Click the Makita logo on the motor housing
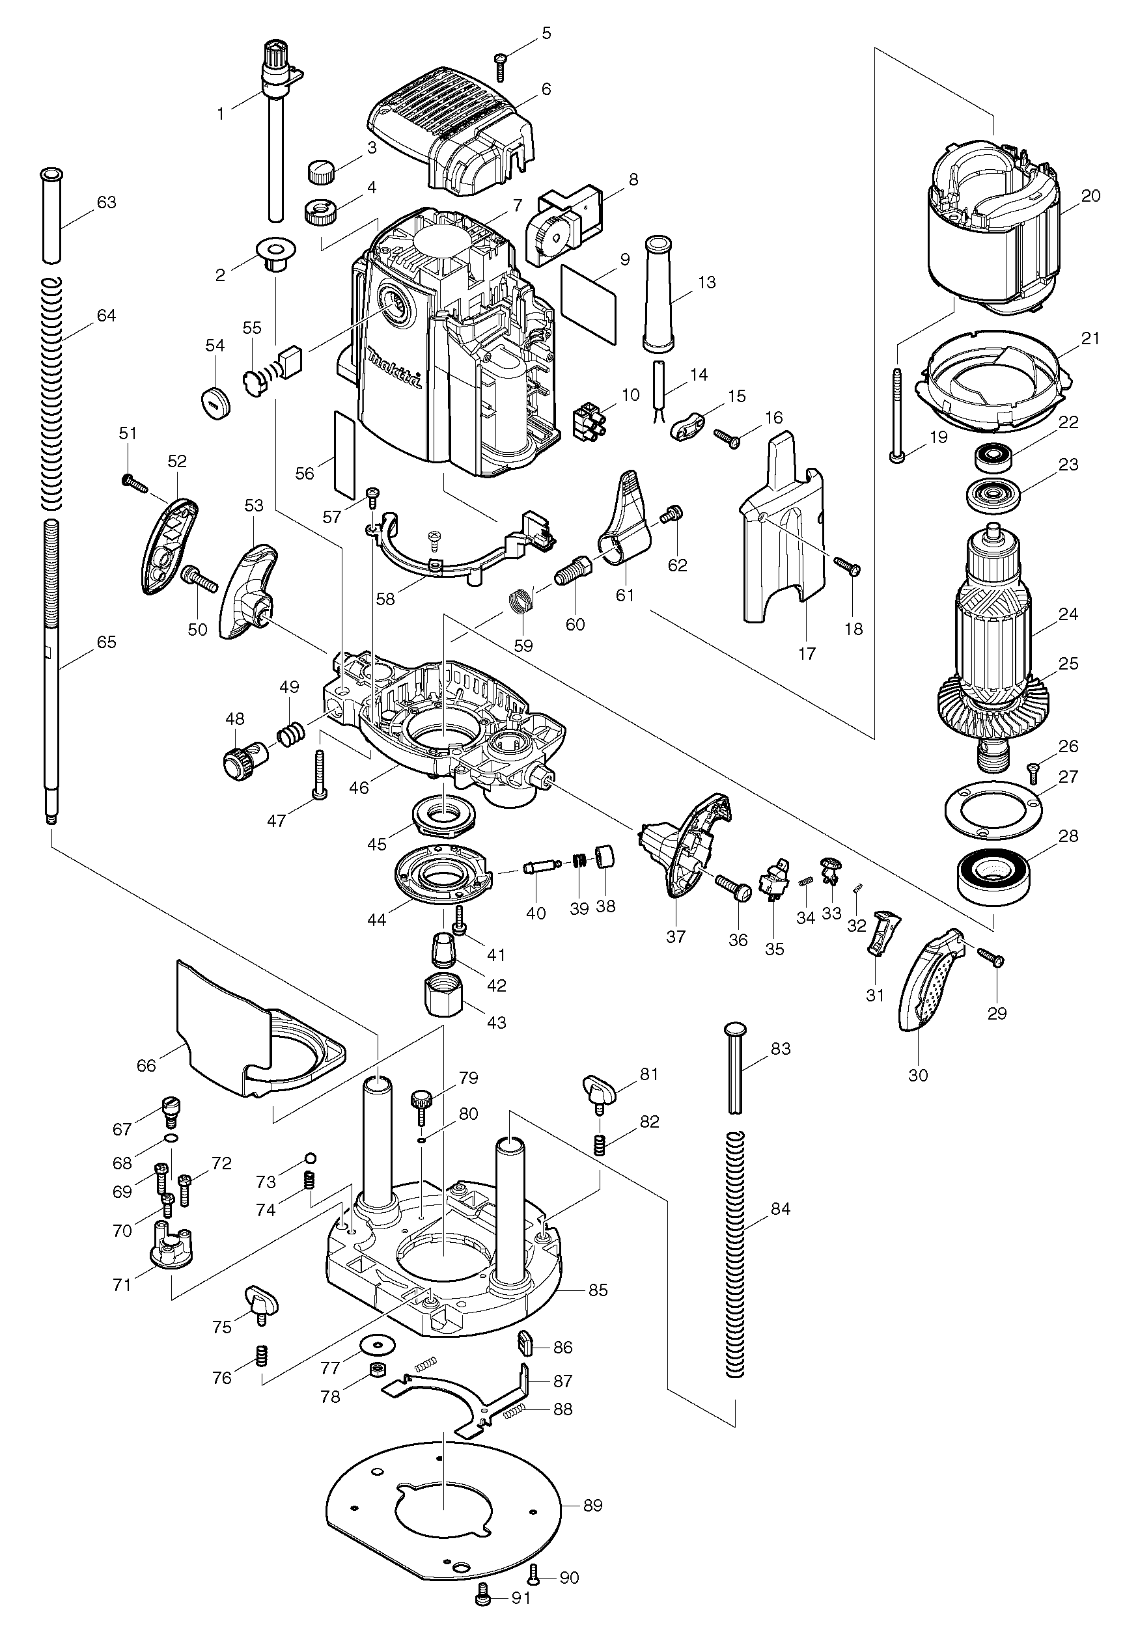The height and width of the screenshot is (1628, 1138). click(394, 369)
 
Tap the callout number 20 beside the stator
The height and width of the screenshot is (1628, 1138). click(1090, 197)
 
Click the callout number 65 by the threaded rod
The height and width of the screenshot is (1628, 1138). click(105, 642)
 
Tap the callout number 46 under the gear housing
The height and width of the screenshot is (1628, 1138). click(359, 787)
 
